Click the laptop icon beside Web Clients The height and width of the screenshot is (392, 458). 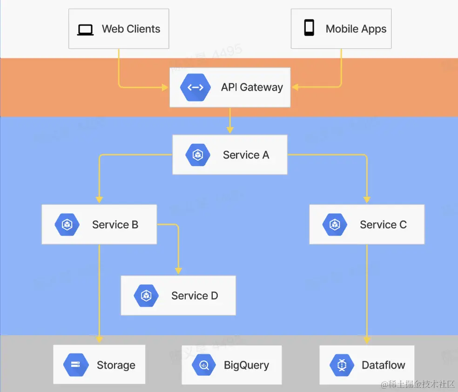86,29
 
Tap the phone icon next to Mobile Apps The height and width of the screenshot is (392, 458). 309,28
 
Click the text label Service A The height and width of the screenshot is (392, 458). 246,155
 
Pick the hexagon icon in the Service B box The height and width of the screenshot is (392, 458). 67,225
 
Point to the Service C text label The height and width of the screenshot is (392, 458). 383,225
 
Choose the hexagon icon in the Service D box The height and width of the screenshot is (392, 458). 147,296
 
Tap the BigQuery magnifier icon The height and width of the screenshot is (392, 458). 204,365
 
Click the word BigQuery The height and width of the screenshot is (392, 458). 246,365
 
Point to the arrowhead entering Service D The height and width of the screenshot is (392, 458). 178,271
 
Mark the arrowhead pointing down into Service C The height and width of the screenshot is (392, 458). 367,200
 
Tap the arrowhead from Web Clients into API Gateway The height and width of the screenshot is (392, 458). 164,87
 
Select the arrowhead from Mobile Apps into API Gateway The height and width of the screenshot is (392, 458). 295,87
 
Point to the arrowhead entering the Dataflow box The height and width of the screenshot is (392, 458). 367,340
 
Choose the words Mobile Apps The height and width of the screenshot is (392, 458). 356,29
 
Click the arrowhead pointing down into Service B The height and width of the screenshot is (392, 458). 99,200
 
